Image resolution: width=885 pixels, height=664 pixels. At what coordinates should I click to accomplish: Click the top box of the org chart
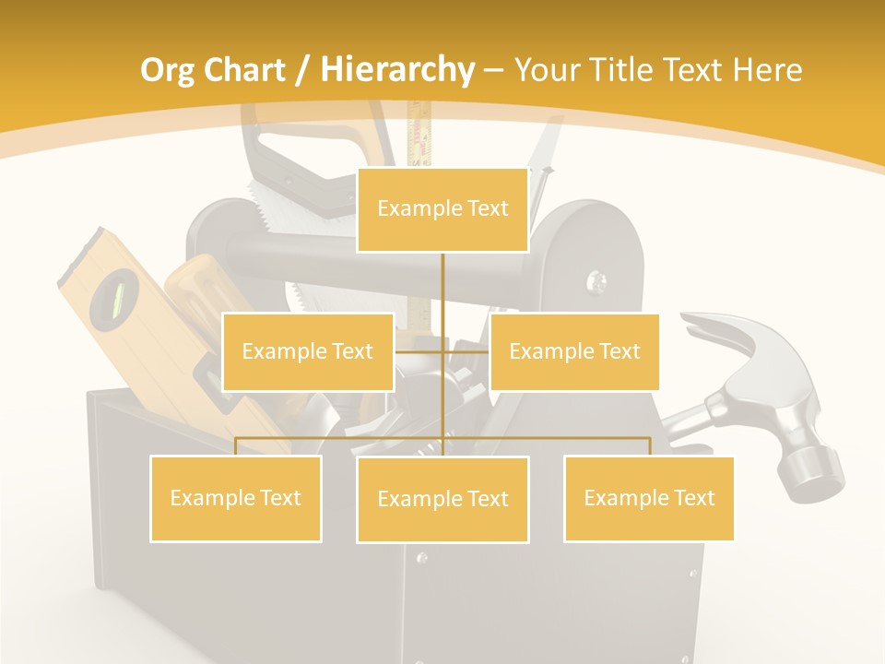[x=442, y=209]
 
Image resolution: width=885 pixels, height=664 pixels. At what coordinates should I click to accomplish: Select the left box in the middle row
[x=308, y=351]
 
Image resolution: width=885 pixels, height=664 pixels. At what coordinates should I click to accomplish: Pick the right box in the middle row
[x=574, y=351]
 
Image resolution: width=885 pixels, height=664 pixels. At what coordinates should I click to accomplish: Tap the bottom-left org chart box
[x=236, y=498]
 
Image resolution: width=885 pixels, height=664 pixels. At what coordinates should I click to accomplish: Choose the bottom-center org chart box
[x=442, y=499]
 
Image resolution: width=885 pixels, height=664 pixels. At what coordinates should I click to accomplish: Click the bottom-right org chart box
[x=649, y=498]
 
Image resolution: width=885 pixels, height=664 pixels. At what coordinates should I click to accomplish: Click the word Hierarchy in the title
[x=396, y=70]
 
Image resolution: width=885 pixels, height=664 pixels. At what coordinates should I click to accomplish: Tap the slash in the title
[x=302, y=70]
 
